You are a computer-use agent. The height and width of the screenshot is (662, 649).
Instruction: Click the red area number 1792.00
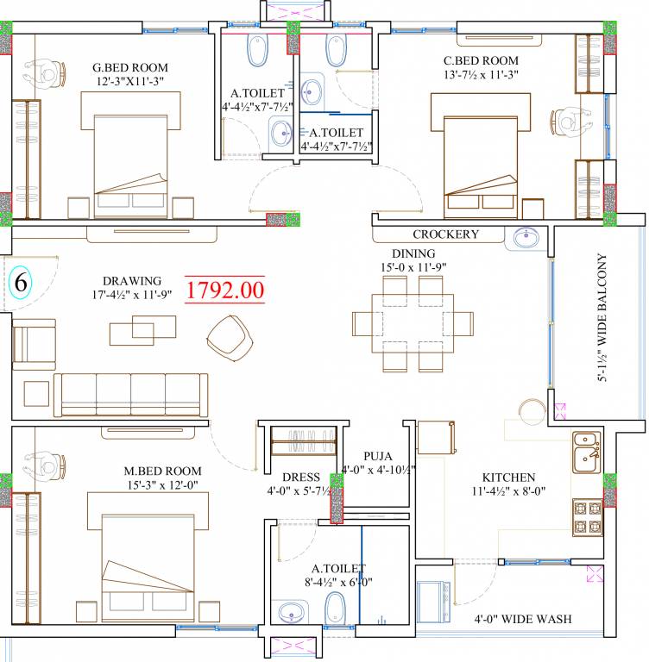[x=225, y=290]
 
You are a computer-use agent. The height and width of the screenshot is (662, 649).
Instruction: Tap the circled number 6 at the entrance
[x=21, y=282]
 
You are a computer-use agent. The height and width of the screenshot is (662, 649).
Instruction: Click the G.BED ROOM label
[x=130, y=67]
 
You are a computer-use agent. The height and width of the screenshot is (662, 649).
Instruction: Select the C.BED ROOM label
[x=481, y=61]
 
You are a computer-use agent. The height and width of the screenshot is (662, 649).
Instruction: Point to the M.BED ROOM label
[x=162, y=471]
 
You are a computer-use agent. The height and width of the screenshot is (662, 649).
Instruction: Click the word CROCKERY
[x=445, y=234]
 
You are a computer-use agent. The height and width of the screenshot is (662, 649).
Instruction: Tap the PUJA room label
[x=378, y=456]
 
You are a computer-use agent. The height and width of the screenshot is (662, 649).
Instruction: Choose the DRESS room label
[x=301, y=477]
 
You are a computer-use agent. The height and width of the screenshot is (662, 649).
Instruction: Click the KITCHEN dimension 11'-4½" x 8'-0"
[x=508, y=491]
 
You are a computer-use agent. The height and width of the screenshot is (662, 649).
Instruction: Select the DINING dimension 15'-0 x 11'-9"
[x=413, y=267]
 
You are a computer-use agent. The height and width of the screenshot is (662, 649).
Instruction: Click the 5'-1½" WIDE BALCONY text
[x=602, y=317]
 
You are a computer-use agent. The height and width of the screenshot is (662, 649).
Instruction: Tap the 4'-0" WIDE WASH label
[x=523, y=619]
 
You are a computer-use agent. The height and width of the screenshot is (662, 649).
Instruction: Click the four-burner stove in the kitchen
[x=588, y=517]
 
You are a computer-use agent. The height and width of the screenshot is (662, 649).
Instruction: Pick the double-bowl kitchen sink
[x=587, y=453]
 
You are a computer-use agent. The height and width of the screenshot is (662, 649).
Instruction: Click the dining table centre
[x=413, y=323]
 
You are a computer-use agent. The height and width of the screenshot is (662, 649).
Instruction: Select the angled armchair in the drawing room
[x=230, y=338]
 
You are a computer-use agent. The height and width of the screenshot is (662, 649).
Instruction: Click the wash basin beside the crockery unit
[x=526, y=237]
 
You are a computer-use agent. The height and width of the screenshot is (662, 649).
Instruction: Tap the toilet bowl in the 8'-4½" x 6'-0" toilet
[x=335, y=607]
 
